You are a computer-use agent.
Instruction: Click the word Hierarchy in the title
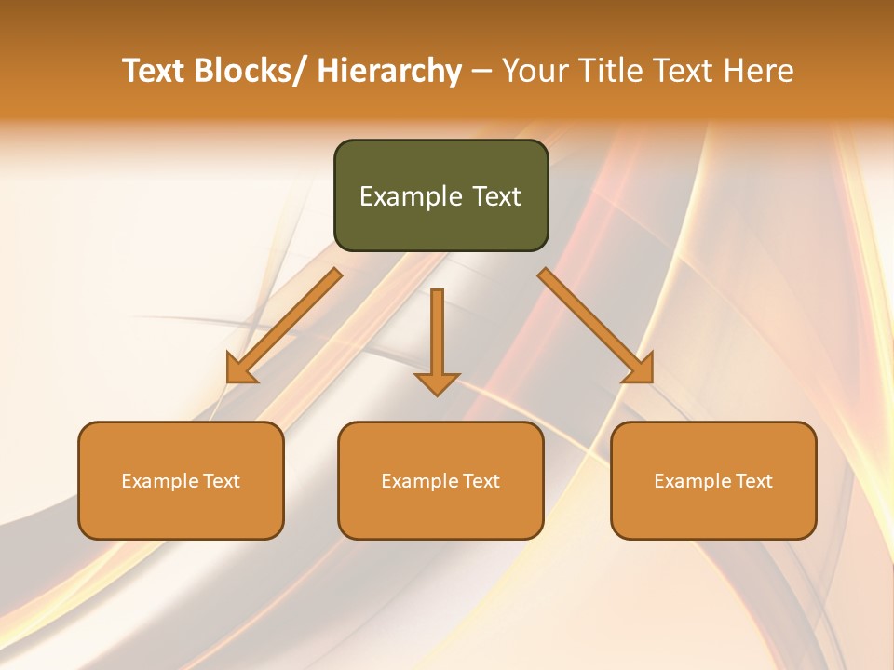pyautogui.click(x=389, y=72)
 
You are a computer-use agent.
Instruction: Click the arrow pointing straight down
pyautogui.click(x=437, y=335)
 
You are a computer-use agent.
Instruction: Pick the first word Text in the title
pyautogui.click(x=155, y=72)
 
